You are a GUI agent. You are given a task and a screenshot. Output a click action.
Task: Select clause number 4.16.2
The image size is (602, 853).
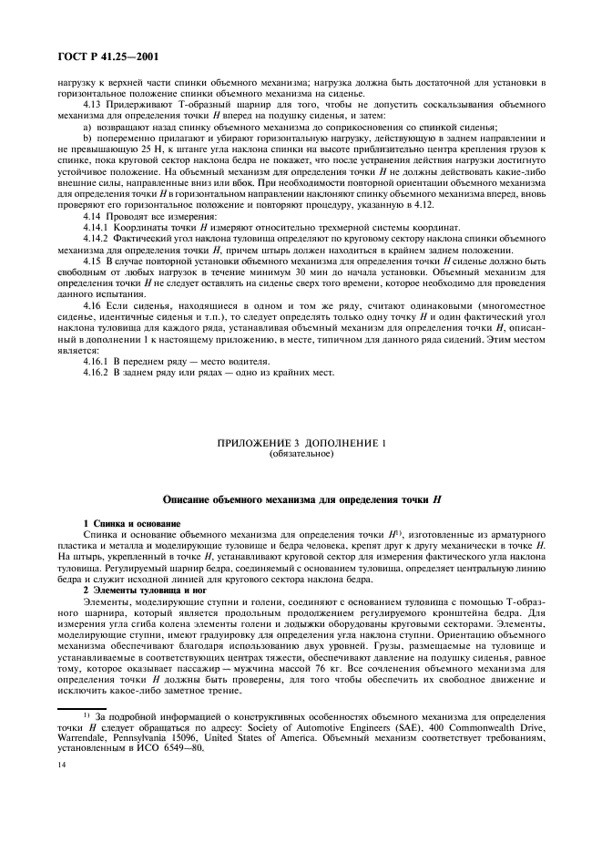click(97, 374)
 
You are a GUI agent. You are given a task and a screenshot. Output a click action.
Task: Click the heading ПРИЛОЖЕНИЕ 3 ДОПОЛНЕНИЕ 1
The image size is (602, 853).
click(301, 443)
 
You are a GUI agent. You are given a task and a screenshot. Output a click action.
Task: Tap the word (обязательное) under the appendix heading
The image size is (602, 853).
click(301, 453)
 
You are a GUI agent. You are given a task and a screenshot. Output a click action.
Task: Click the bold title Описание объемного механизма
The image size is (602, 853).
click(301, 500)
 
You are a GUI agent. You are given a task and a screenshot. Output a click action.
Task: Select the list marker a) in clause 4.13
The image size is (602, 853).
click(87, 127)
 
